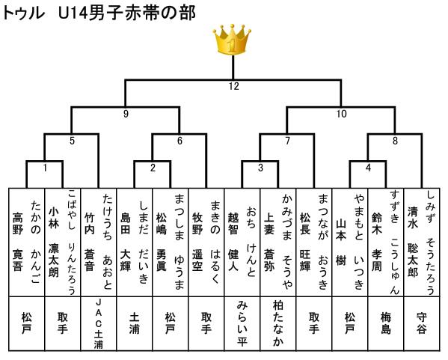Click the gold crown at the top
point(232,40)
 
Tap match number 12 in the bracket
point(233,86)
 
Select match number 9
point(126,114)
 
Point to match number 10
point(342,114)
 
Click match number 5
point(72,141)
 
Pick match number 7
point(287,141)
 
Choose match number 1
point(45,168)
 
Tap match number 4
point(368,168)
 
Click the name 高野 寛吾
point(18,242)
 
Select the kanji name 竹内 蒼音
point(90,242)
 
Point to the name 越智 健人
point(233,242)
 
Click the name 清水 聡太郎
point(413,242)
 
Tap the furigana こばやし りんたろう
point(72,242)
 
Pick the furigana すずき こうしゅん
point(395,242)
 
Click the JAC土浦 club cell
point(99,324)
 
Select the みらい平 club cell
point(242,324)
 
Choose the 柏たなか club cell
point(278,324)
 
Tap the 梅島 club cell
point(386,323)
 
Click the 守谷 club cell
point(422,323)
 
